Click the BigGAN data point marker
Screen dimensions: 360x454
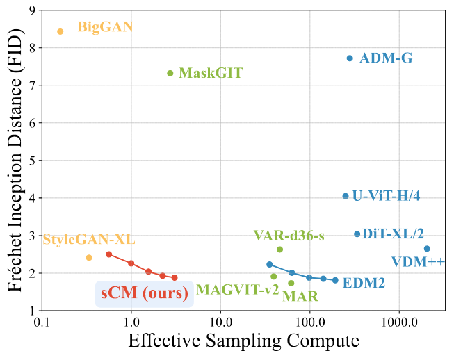pos(60,31)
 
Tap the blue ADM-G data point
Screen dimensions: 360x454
pos(350,58)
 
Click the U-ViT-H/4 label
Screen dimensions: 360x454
pos(386,196)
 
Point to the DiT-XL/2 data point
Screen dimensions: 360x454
pos(357,234)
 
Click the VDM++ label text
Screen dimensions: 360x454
pos(418,262)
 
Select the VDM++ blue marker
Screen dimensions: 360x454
pos(427,249)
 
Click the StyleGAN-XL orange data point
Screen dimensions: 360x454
pos(89,258)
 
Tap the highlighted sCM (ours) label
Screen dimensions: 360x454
pos(143,293)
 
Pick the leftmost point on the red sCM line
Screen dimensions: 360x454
pos(109,254)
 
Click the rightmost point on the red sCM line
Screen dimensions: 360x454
pos(175,278)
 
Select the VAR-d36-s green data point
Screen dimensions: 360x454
pos(279,249)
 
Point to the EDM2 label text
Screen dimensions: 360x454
pos(364,283)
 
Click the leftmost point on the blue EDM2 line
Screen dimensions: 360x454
pos(270,264)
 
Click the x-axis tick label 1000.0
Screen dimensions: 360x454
pos(398,323)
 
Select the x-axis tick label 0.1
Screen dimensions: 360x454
pos(42,323)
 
